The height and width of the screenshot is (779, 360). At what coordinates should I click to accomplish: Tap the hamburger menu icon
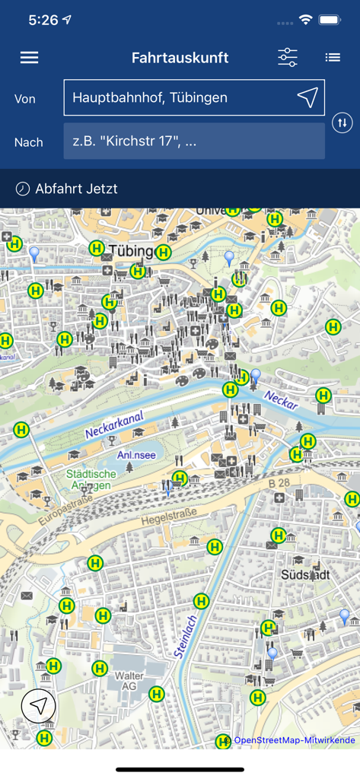29,58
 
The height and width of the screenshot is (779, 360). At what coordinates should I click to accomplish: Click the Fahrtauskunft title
180,58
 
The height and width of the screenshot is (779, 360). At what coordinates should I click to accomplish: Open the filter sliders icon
288,58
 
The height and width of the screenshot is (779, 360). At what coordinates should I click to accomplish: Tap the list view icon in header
333,58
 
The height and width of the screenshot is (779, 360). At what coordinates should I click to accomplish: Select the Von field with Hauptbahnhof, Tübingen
179,97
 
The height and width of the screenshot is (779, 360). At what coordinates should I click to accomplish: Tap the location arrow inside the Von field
307,97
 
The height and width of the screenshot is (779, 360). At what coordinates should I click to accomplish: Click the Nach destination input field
194,141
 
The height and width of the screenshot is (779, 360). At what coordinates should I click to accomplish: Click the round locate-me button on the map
39,706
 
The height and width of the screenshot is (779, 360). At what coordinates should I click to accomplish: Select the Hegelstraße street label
168,517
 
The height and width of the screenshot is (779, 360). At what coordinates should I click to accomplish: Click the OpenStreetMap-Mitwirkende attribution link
294,740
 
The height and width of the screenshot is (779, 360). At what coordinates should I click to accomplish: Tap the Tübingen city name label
131,251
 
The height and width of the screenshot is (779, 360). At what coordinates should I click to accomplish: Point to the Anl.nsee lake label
136,456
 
